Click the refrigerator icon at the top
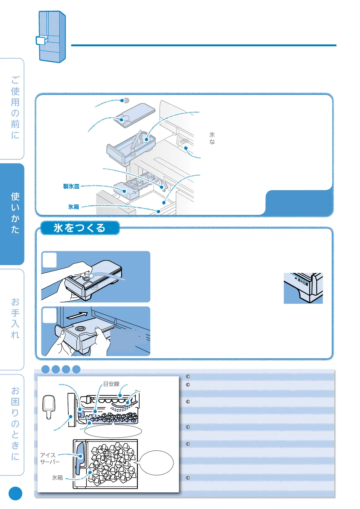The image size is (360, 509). coord(51,37)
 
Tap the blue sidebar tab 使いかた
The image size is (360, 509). coord(15,213)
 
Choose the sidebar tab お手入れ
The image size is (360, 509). coord(15,318)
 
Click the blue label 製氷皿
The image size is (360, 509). coord(71,186)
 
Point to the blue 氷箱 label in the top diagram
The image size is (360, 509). coord(73,207)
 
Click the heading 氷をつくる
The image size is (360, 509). coord(79,228)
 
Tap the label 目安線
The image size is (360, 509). coord(111,384)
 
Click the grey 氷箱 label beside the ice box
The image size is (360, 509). coord(57,478)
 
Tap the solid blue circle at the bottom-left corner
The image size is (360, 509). coord(15,494)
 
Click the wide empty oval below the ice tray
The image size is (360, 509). coord(113,431)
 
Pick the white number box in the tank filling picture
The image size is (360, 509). coord(50,260)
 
